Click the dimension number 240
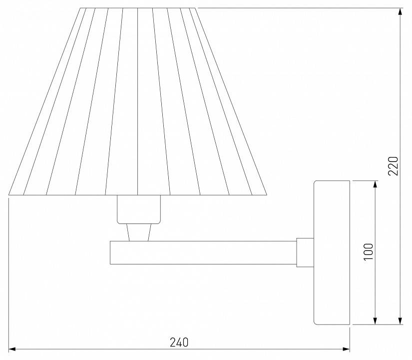(x=179, y=342)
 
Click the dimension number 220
(x=393, y=164)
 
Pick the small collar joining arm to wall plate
(x=305, y=252)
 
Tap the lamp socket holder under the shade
(x=139, y=209)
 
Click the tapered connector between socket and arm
(x=139, y=232)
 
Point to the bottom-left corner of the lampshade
(x=9, y=194)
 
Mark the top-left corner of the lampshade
(x=81, y=8)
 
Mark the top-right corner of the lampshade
(x=196, y=8)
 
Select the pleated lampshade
(x=138, y=100)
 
